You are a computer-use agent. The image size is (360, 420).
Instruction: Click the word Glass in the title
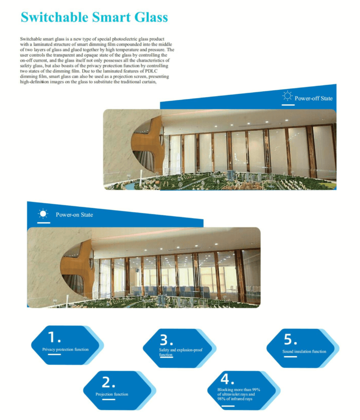point(151,18)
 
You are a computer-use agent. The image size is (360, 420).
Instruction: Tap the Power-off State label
point(314,98)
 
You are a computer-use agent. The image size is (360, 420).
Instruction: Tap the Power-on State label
point(74,215)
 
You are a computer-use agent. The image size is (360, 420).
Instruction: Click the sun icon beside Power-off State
point(287,96)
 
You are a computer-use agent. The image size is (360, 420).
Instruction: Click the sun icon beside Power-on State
point(43,214)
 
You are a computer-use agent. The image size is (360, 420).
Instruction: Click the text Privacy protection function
point(65,349)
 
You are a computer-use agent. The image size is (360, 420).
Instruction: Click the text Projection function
point(112,394)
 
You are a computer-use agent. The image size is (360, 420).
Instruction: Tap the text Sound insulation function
point(304,351)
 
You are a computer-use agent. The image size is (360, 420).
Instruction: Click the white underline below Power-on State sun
point(43,222)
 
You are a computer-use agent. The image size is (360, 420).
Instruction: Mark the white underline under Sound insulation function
point(290,357)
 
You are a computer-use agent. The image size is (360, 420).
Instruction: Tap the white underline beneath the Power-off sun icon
point(288,105)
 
